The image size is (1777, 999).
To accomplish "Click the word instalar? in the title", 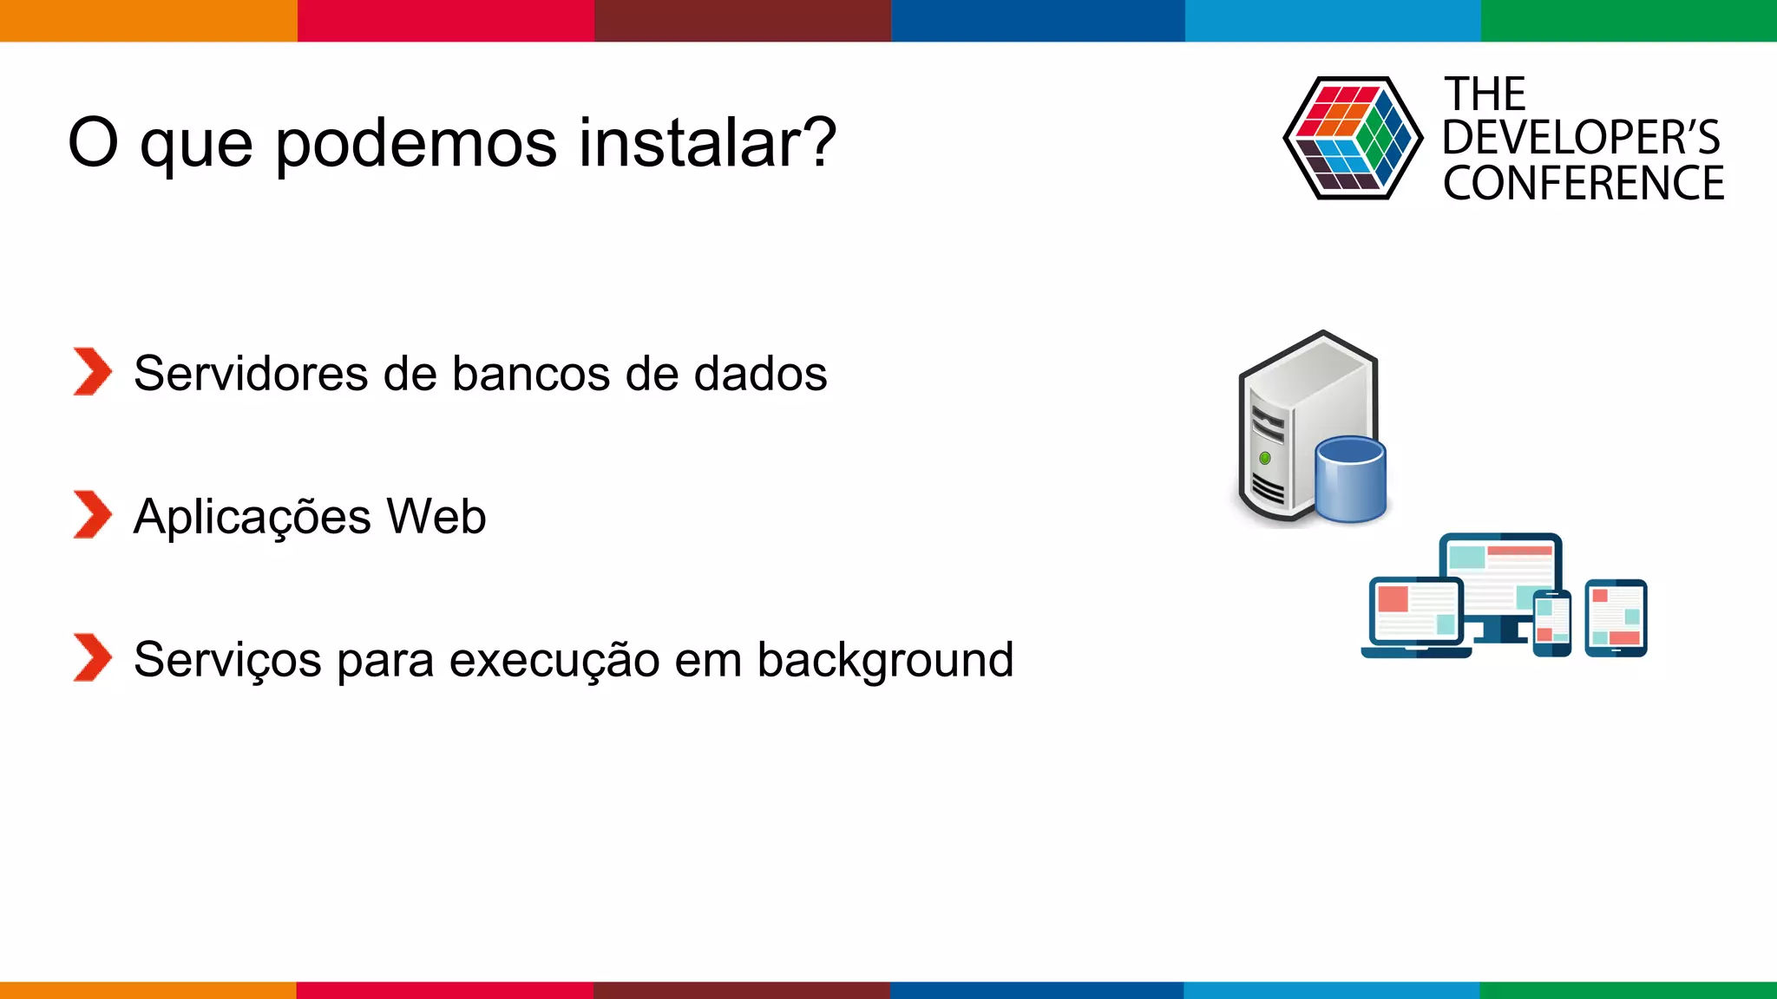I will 707,143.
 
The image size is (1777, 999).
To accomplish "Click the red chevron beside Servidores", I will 92,372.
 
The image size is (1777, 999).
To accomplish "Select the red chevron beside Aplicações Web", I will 92,514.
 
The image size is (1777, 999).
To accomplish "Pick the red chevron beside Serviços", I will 92,657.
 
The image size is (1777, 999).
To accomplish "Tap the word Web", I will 436,517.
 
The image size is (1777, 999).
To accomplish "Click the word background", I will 885,661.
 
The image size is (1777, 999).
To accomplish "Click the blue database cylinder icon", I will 1350,480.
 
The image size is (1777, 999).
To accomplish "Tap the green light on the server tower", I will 1265,458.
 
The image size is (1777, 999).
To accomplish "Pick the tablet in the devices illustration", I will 1616,617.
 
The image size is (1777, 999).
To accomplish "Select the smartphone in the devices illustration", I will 1552,623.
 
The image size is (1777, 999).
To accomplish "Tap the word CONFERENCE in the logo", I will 1583,184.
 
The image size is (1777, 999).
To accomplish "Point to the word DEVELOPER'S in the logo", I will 1581,138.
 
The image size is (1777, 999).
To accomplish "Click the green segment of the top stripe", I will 1628,20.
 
